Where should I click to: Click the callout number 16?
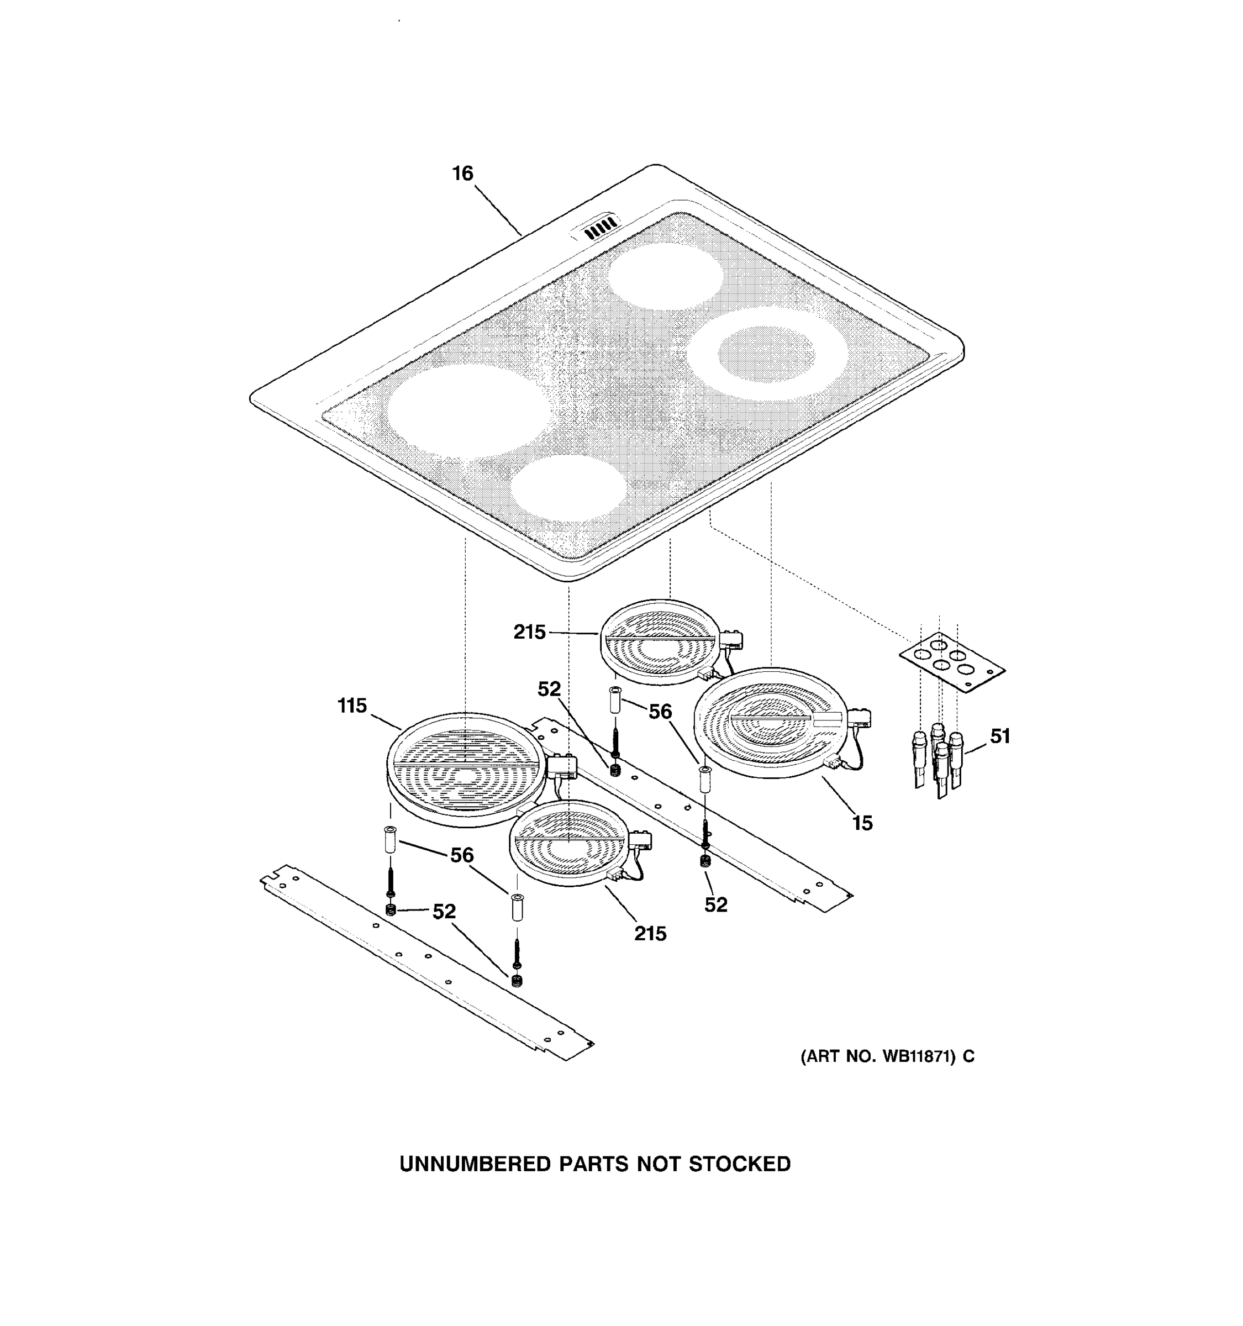click(x=462, y=173)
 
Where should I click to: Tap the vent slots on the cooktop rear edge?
click(x=598, y=228)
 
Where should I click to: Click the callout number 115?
click(x=352, y=705)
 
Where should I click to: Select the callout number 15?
click(x=862, y=823)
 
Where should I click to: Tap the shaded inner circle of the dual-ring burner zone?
click(x=767, y=354)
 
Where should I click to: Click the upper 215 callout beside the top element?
click(x=529, y=632)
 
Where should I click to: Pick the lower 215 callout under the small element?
click(x=650, y=933)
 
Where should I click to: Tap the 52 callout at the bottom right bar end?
click(x=715, y=904)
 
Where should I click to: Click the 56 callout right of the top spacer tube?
click(x=660, y=712)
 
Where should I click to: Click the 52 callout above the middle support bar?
click(x=550, y=689)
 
